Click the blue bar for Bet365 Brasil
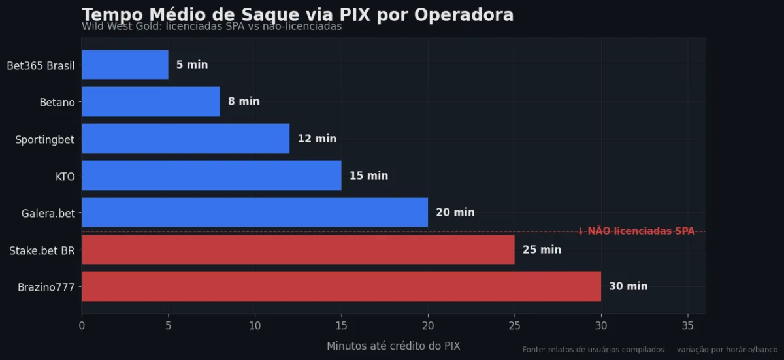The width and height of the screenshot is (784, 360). (x=125, y=65)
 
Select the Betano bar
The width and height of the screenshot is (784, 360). (x=151, y=101)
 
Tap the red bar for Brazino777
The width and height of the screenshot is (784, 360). (x=341, y=286)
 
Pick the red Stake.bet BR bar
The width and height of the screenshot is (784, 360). (x=298, y=250)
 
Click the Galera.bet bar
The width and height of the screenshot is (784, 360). (x=255, y=212)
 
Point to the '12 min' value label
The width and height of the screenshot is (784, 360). (x=317, y=139)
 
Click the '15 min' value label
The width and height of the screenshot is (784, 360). (x=368, y=176)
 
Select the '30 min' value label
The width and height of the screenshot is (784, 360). (x=628, y=286)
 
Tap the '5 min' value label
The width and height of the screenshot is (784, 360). (x=192, y=65)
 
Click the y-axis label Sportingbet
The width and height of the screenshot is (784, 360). (x=44, y=139)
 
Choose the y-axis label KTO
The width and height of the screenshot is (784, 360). (x=65, y=176)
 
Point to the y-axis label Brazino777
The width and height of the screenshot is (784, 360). (x=46, y=287)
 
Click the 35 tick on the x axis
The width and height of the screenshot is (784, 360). (x=687, y=325)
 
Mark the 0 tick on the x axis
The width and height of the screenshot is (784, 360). (x=82, y=325)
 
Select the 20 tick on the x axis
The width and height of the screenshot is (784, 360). (x=428, y=325)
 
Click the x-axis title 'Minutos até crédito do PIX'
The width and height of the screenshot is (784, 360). (x=393, y=346)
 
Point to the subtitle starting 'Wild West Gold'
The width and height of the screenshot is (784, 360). (x=212, y=27)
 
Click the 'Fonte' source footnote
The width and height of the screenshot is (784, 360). (x=649, y=350)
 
